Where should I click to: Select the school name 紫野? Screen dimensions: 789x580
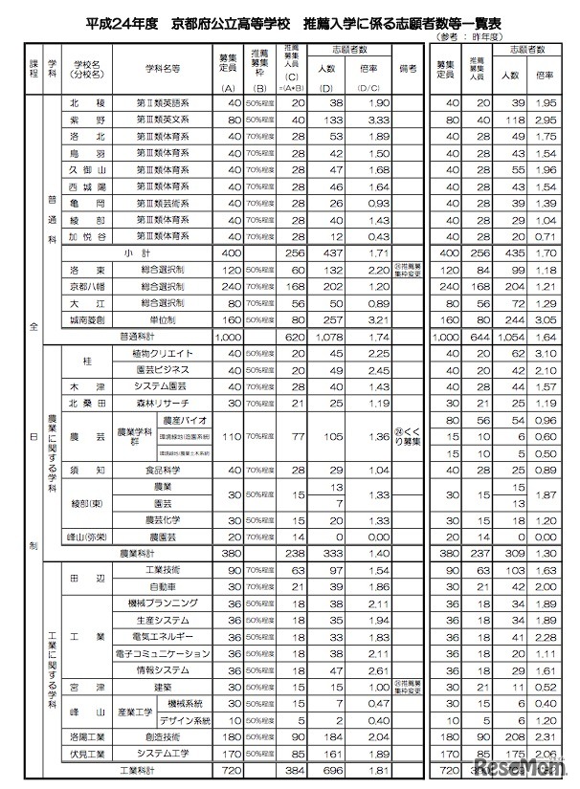click(80, 120)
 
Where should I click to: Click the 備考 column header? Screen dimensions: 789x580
click(410, 70)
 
